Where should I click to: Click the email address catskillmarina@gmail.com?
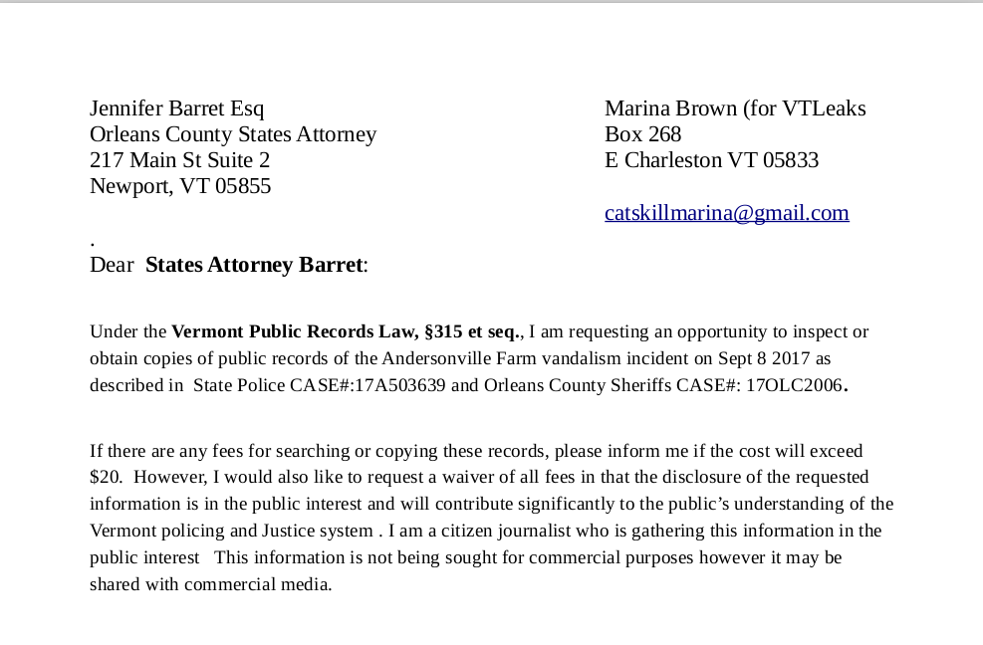726,213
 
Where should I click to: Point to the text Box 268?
642,134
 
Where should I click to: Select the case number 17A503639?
402,385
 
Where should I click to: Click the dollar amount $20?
105,477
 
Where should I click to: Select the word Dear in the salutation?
112,265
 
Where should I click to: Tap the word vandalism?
564,358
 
